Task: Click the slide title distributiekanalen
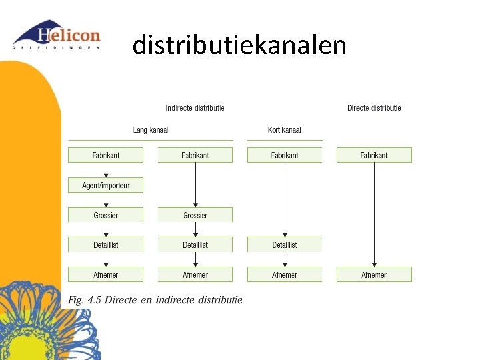coord(239,45)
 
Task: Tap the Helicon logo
coord(57,36)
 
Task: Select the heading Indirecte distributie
coord(195,108)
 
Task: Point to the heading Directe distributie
coord(374,108)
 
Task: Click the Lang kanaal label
coord(151,130)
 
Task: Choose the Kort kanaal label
coord(285,130)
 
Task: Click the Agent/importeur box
coord(105,185)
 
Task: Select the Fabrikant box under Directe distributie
coord(374,155)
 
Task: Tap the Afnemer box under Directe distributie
coord(374,275)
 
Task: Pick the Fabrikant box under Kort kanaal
coord(285,155)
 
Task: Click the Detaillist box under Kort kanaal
coord(285,245)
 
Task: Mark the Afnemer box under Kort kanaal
coord(285,275)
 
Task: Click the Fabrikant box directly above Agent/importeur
coord(105,155)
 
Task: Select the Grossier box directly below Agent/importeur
coord(105,215)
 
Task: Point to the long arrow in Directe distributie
coord(374,213)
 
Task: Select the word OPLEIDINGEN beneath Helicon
coord(57,47)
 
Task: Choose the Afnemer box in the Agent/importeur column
coord(105,275)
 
